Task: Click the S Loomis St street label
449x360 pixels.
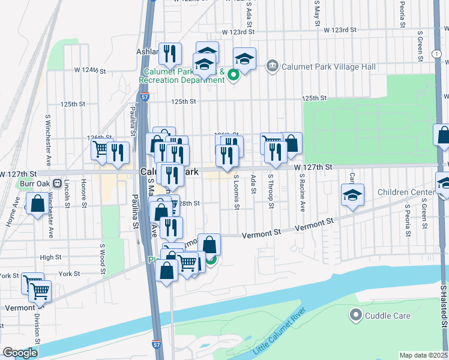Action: tap(237, 192)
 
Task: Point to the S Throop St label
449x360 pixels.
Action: tap(271, 192)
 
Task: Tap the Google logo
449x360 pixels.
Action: tap(20, 352)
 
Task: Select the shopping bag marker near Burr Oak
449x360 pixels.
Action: tap(37, 204)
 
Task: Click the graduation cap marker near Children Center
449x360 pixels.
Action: tap(352, 194)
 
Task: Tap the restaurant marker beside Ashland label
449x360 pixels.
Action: tap(170, 55)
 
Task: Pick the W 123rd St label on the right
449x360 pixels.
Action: tap(340, 29)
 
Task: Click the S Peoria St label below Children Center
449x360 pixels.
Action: tap(408, 220)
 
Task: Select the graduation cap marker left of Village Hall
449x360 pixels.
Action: tap(244, 59)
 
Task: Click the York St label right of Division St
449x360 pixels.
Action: tap(69, 274)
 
